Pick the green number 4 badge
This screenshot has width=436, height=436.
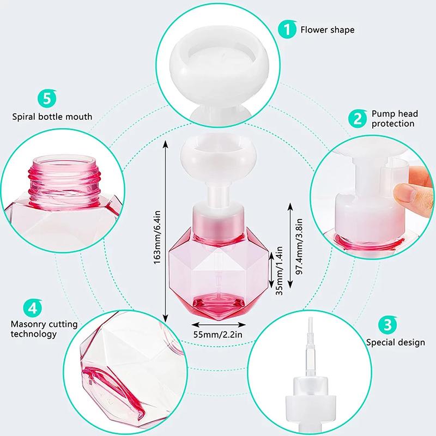(32, 307)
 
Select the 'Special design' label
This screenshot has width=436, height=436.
(395, 343)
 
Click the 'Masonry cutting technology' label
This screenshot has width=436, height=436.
(44, 329)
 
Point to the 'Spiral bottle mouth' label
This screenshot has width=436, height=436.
(52, 117)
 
